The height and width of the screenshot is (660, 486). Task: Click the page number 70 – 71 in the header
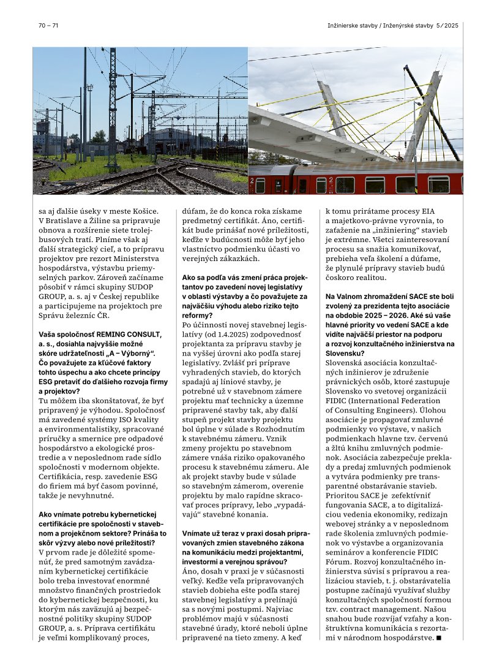point(48,25)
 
